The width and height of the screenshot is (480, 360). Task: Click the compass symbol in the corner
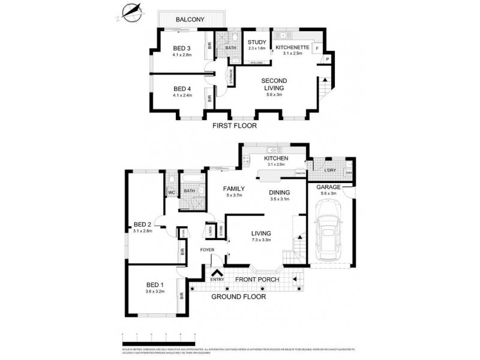133,11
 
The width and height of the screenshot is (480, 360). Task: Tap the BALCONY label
190,20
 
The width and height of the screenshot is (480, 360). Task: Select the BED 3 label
182,48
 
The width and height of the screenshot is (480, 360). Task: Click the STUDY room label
257,42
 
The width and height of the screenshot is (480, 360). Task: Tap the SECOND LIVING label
274,84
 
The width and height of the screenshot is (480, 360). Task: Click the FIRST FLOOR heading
235,126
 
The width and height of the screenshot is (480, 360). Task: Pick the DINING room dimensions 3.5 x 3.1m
280,199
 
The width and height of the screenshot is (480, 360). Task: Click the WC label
170,192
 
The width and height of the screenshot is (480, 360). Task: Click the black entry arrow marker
214,272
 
